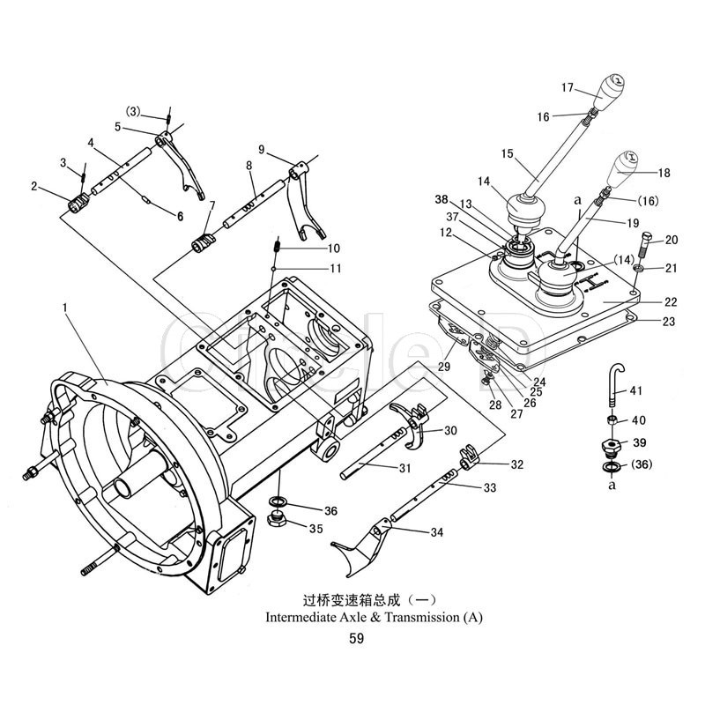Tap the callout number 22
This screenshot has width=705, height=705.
[671, 301]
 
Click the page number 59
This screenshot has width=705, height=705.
[356, 638]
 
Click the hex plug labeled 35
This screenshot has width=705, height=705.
[278, 520]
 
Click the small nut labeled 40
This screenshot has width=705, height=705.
[612, 420]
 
